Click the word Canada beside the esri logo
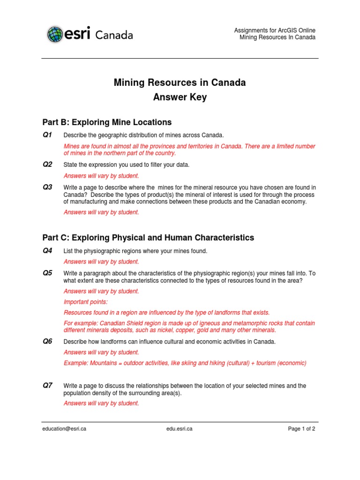114,35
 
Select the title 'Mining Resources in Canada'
180,83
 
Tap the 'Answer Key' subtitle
180,97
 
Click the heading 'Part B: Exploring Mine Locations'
107,122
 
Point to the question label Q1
47,135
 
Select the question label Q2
47,164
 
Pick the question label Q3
47,187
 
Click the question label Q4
47,251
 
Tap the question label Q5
47,273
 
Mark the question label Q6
47,341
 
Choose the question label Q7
47,385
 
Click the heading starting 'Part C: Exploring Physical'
148,238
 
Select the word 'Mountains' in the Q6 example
100,363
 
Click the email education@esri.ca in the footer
64,428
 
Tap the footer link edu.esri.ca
180,428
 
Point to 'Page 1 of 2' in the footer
301,428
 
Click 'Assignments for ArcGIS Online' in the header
275,30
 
